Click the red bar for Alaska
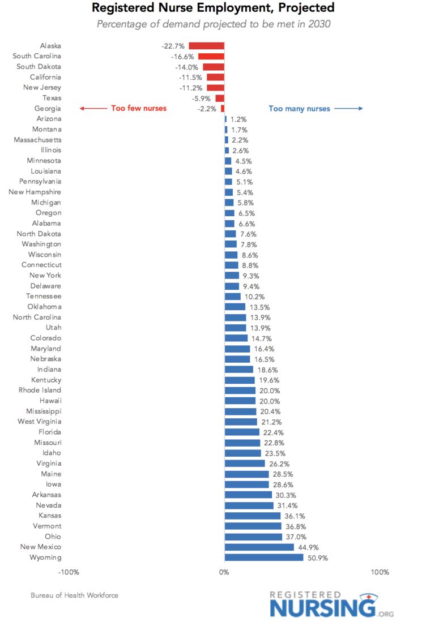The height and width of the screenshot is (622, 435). point(206,46)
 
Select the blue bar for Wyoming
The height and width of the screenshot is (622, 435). point(264,557)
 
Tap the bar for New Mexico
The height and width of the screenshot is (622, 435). point(259,547)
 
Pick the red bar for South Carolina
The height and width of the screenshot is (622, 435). point(211,56)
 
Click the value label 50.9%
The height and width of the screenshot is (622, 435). point(317,558)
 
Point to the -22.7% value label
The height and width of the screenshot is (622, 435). point(173,46)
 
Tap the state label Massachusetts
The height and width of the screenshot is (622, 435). point(38,140)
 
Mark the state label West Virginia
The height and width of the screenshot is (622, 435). point(40,422)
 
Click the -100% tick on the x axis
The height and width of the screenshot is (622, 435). point(69,572)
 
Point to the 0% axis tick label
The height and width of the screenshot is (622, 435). point(224,572)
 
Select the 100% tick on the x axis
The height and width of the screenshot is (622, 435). point(379,572)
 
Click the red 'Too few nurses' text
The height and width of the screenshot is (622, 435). point(139,108)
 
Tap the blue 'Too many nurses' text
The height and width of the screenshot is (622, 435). point(298,109)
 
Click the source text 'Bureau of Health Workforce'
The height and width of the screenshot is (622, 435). point(75,595)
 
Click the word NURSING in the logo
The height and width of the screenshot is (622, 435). point(322,608)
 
